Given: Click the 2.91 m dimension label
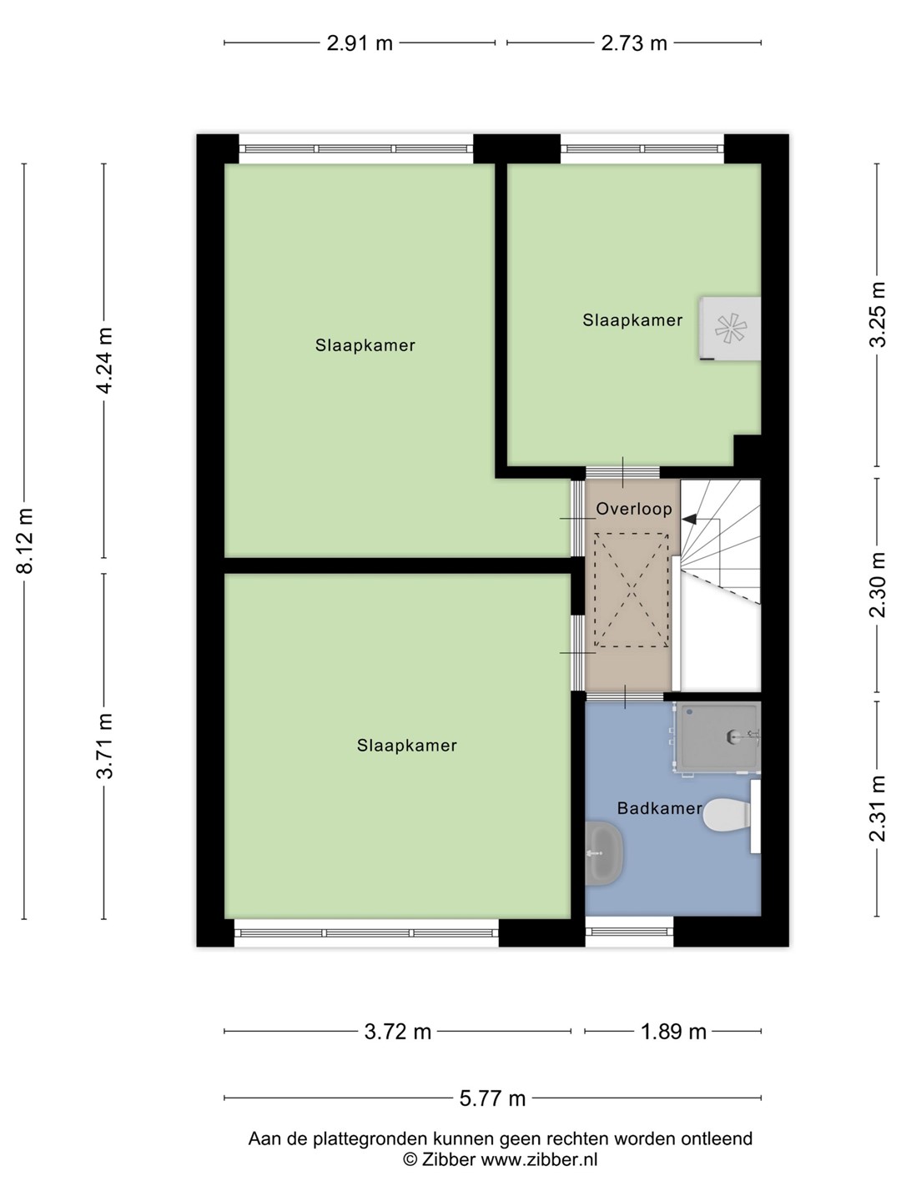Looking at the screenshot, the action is click(x=360, y=43).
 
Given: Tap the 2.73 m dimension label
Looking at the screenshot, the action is click(x=633, y=43).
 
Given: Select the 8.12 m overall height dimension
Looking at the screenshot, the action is click(x=25, y=540).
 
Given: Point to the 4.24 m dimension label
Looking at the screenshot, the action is click(x=104, y=360).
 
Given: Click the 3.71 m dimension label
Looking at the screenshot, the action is click(x=104, y=746).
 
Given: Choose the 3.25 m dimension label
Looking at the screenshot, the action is click(x=877, y=314).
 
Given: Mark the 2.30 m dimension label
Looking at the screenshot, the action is click(x=877, y=585).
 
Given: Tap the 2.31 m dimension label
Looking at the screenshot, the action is click(x=877, y=809).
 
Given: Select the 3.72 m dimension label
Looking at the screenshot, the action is click(x=398, y=1032).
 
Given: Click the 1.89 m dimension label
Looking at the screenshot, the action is click(x=673, y=1032).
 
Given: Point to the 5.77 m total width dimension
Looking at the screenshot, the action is click(x=492, y=1098).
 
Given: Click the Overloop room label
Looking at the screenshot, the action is click(x=633, y=509).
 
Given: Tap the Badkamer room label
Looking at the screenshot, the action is click(x=659, y=808).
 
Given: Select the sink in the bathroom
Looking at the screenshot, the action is click(x=604, y=853).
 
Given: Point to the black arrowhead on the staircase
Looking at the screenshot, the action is click(x=689, y=519).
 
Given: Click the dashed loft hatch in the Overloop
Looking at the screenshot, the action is click(x=632, y=590).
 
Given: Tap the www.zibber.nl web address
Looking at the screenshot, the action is click(x=538, y=1158).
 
